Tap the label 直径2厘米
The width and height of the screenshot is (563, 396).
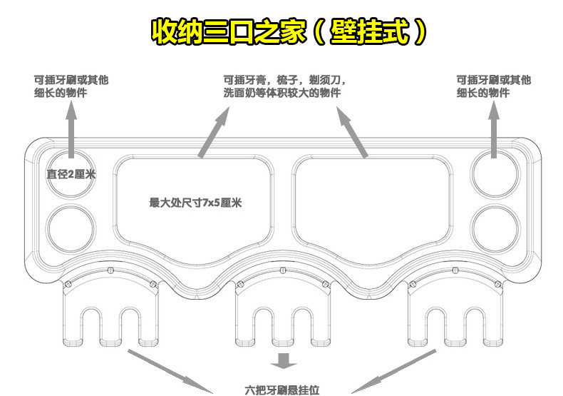(71, 173)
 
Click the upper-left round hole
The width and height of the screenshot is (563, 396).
(71, 171)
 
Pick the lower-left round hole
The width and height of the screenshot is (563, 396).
(71, 228)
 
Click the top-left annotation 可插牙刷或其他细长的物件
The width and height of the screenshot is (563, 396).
(72, 86)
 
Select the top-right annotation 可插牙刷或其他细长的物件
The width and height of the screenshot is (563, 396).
(493, 86)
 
